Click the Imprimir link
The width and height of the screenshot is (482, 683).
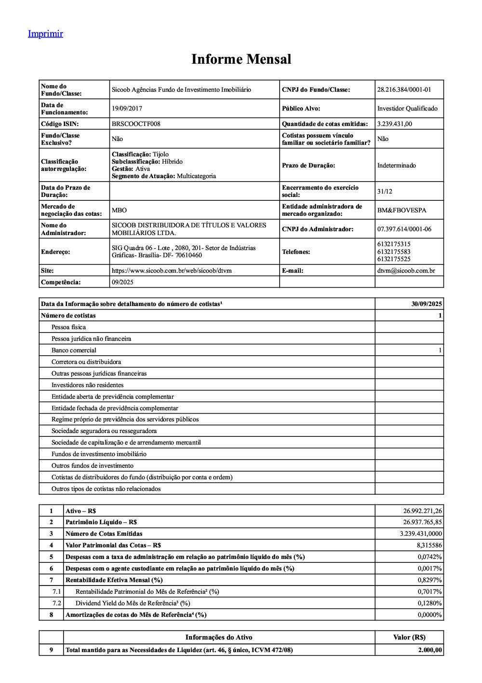pyautogui.click(x=45, y=34)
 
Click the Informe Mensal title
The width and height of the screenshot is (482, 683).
pyautogui.click(x=241, y=59)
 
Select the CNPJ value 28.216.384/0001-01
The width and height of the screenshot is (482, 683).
pyautogui.click(x=404, y=90)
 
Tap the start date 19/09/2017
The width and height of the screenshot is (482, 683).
pyautogui.click(x=127, y=109)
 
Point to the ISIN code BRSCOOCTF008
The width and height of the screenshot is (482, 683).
pyautogui.click(x=136, y=124)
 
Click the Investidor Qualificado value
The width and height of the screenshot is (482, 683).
pyautogui.click(x=407, y=109)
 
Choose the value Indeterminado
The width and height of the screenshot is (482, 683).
pyautogui.click(x=396, y=166)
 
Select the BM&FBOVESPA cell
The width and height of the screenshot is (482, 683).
pyautogui.click(x=402, y=210)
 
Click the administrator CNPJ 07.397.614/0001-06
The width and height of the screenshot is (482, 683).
pyautogui.click(x=404, y=229)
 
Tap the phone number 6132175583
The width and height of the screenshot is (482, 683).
pyautogui.click(x=394, y=251)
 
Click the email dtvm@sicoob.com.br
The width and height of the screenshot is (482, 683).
pyautogui.click(x=406, y=271)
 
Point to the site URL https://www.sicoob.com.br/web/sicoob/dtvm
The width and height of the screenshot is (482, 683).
pyautogui.click(x=172, y=271)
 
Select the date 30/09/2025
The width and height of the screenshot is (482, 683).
pyautogui.click(x=427, y=304)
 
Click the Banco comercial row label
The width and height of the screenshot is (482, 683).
pyautogui.click(x=74, y=350)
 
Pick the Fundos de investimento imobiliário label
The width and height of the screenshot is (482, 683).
pyautogui.click(x=99, y=454)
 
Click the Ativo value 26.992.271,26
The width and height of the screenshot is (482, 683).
pyautogui.click(x=422, y=511)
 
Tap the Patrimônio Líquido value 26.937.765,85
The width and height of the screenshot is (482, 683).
pyautogui.click(x=422, y=522)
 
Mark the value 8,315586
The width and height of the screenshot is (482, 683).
pyautogui.click(x=429, y=545)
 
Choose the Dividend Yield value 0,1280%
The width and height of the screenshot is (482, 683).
pyautogui.click(x=429, y=603)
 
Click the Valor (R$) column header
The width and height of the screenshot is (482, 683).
pyautogui.click(x=409, y=638)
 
